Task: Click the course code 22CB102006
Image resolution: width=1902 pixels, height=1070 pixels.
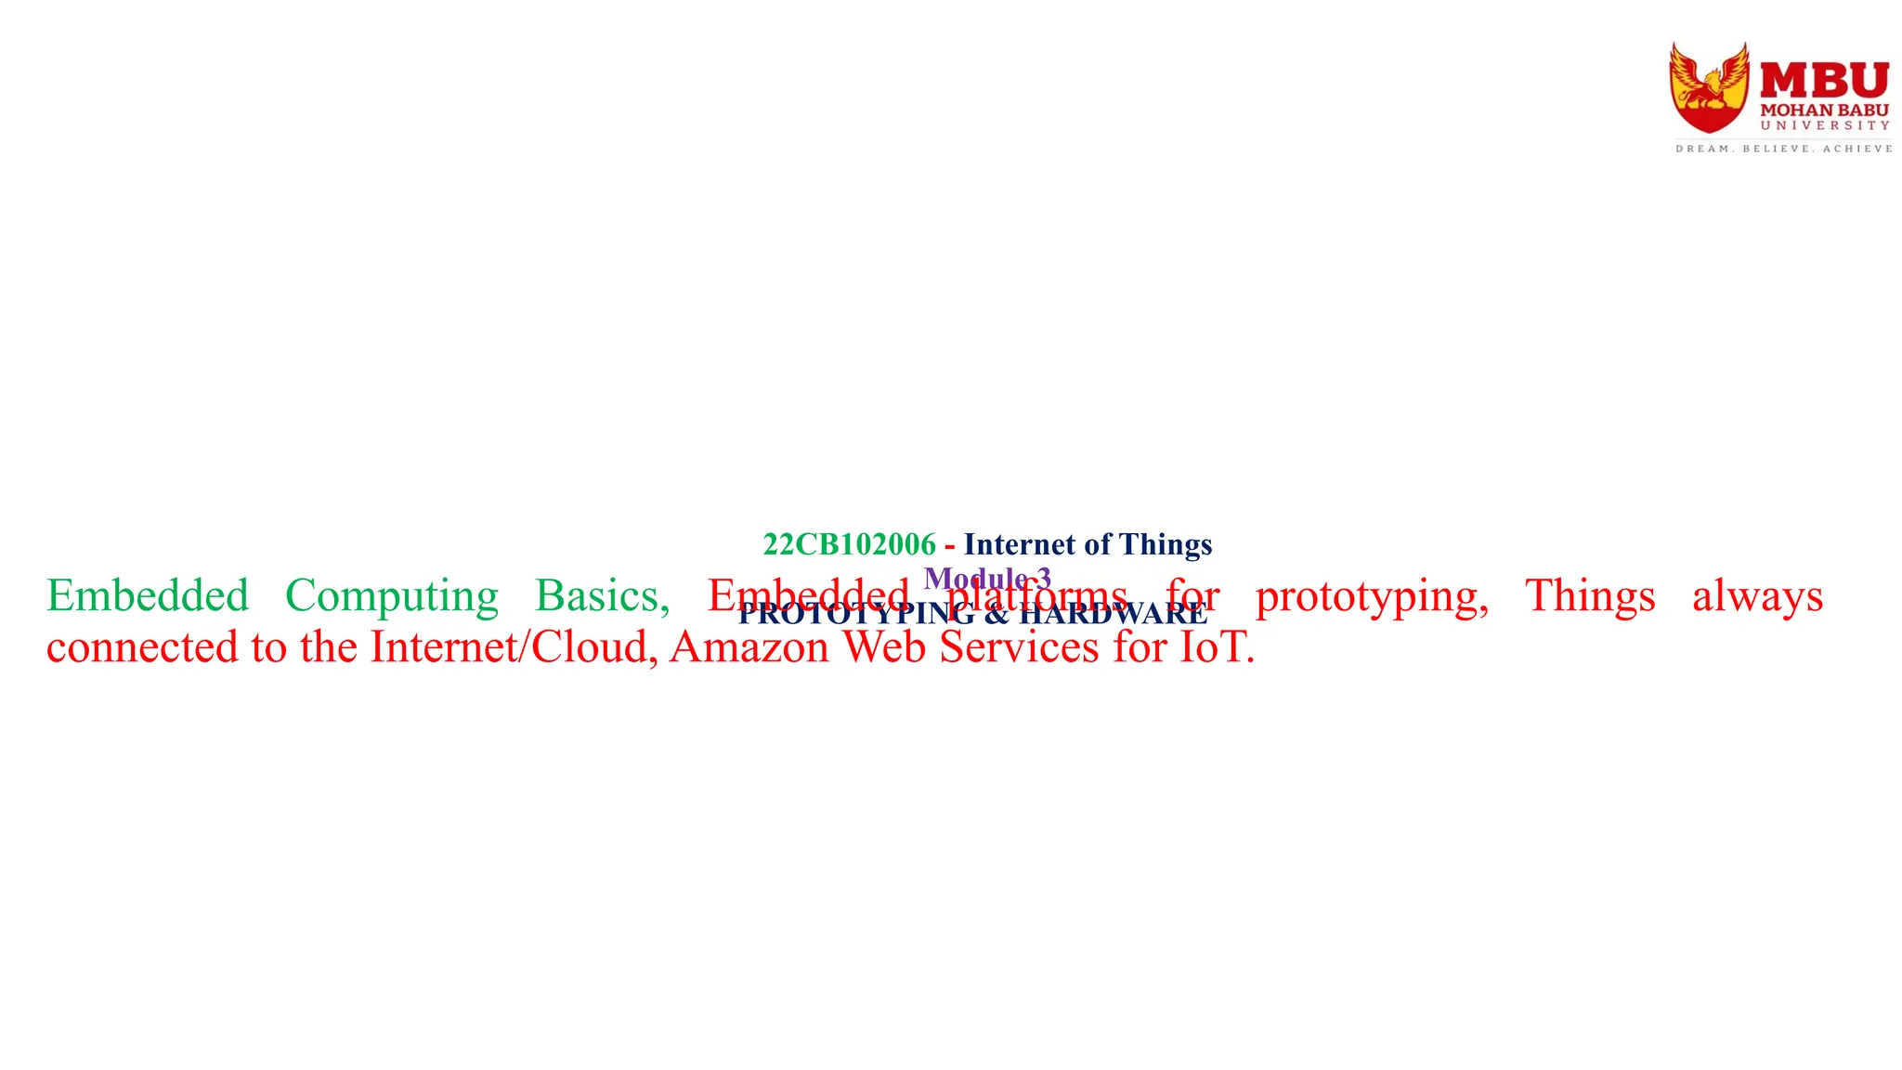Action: coord(849,544)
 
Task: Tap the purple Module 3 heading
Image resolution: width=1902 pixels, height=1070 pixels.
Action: coord(987,579)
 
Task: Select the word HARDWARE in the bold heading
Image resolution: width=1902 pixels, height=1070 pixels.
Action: coord(1114,614)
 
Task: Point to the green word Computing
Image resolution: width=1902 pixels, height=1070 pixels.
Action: coord(391,597)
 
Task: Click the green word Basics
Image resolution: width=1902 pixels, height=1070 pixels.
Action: coord(602,595)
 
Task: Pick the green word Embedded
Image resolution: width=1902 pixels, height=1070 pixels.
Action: coord(148,595)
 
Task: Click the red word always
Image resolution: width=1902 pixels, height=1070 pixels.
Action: coord(1757,597)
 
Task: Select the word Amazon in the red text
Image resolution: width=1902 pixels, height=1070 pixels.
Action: coord(749,647)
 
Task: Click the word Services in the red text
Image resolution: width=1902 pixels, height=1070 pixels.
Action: coord(1019,647)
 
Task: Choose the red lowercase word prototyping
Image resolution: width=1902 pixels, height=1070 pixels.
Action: coord(1371,597)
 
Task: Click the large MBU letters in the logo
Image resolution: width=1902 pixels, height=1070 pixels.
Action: coord(1824,81)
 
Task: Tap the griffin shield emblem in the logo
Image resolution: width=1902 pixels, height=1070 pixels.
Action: coord(1709,88)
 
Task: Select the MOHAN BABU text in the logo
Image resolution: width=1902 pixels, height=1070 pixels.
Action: coord(1824,111)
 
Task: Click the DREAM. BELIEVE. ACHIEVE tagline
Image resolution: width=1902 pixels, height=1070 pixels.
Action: coord(1783,149)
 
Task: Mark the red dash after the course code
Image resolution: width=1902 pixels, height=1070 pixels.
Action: coord(949,545)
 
